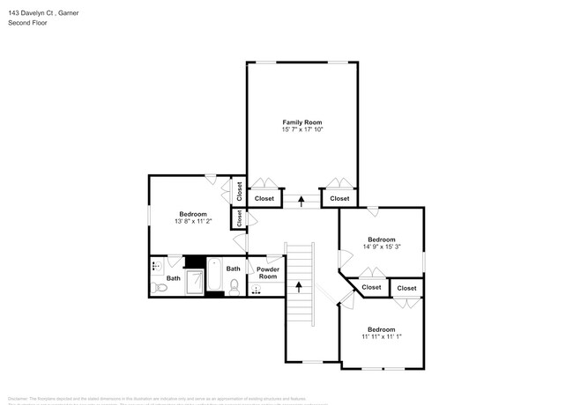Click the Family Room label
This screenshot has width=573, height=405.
click(301, 121)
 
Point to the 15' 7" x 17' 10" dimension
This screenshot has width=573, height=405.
click(301, 130)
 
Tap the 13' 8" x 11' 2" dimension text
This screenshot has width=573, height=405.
click(193, 222)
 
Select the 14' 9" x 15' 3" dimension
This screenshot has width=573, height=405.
click(382, 247)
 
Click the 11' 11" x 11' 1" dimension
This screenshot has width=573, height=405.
click(381, 335)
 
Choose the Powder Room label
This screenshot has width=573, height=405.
click(267, 273)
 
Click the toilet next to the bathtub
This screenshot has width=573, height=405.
click(234, 286)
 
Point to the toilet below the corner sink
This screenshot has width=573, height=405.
click(159, 288)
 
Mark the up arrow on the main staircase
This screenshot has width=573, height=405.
click(300, 286)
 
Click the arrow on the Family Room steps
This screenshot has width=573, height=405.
click(301, 200)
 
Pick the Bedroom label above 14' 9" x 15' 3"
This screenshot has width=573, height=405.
click(382, 239)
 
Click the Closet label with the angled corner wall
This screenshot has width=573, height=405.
click(371, 287)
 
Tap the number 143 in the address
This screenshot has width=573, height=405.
click(13, 11)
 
